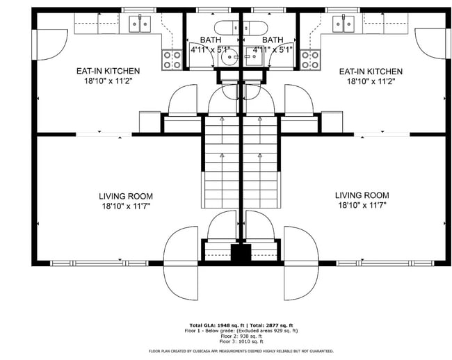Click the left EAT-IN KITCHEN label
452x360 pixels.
pos(108,71)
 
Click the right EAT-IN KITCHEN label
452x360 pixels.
pos(370,71)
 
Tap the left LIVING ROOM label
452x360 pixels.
pos(125,197)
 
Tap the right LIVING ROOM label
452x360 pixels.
pos(362,195)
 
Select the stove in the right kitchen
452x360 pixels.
pos(309,60)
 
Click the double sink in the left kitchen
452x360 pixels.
pos(138,25)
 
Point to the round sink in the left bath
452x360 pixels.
pos(228,59)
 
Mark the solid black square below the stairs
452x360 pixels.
pos(241,253)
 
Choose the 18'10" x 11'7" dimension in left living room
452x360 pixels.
pos(125,206)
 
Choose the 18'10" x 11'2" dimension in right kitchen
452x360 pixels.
pos(370,81)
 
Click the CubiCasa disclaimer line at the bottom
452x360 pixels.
pos(241,351)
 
